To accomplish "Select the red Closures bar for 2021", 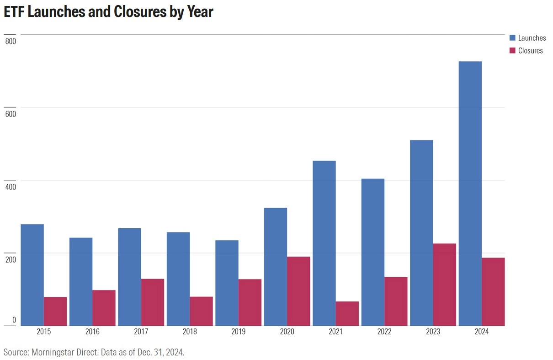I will tap(347, 313).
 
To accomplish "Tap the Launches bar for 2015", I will tap(32, 274).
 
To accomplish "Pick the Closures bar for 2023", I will tap(444, 284).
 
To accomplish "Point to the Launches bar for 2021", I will tap(324, 243).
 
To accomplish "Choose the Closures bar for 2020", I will tap(298, 291).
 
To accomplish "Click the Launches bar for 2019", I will tap(227, 283).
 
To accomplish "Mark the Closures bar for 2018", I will tap(201, 311).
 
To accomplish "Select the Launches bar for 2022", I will tap(372, 252).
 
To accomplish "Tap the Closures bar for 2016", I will tap(104, 307).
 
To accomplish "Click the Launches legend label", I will tap(532, 38).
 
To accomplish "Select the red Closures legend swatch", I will tap(512, 50).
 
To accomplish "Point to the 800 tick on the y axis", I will tap(11, 41).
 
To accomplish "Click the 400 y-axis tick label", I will tap(11, 187).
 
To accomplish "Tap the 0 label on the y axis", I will tap(14, 320).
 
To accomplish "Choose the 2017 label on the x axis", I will tap(141, 332).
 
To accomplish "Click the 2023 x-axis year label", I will tap(433, 332).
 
